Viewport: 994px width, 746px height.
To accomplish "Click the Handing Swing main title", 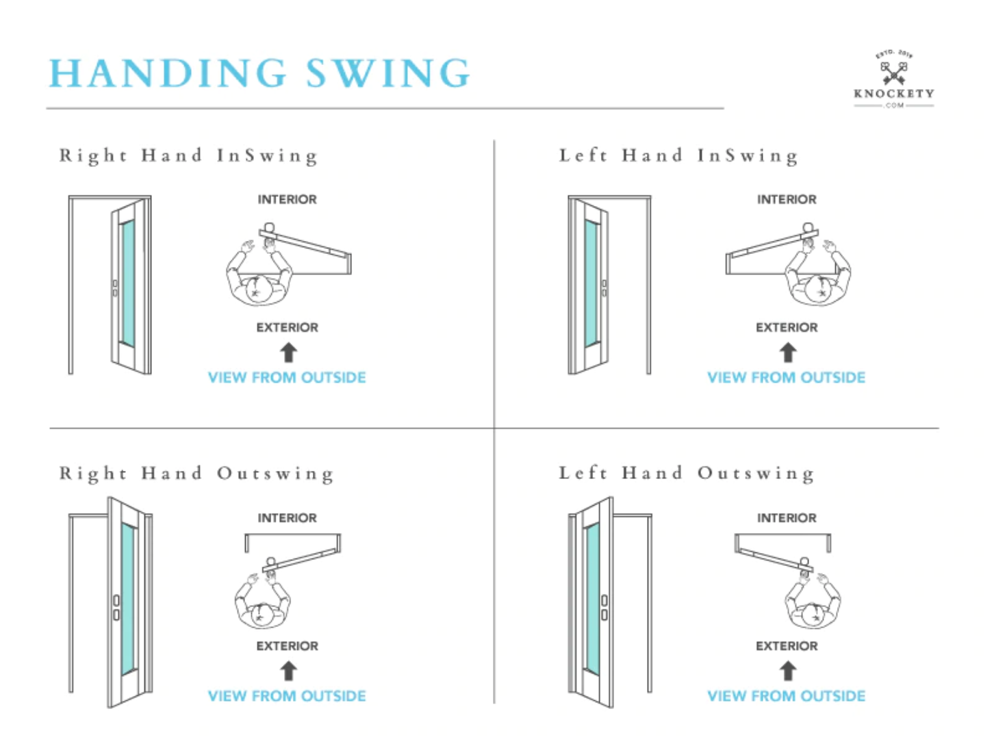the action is pos(259,73).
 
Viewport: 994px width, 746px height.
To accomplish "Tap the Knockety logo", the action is pos(893,79).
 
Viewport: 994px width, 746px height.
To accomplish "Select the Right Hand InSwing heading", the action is pos(188,156).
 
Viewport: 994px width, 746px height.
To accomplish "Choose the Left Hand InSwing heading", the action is pos(678,156).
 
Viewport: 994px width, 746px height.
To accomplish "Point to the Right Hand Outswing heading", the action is pos(196,474).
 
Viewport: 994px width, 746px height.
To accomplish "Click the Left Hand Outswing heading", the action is pos(687,474).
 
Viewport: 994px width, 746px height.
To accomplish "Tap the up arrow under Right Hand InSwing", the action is pos(288,352).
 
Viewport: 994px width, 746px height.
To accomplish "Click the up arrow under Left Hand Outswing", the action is pos(787,671).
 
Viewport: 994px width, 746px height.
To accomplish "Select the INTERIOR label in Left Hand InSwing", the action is pos(787,199).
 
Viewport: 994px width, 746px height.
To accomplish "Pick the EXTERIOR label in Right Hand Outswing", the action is pos(287,646).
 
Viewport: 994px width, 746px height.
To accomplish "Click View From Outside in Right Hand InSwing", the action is pos(287,377).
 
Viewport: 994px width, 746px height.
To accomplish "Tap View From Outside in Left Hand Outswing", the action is pos(786,696).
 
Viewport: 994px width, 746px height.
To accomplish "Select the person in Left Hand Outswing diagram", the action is pos(813,602).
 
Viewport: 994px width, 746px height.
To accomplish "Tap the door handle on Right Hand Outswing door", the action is pos(116,607).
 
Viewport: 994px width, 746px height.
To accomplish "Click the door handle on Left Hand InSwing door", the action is pos(604,288).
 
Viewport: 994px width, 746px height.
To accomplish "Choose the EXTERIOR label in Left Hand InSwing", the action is pos(787,327).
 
